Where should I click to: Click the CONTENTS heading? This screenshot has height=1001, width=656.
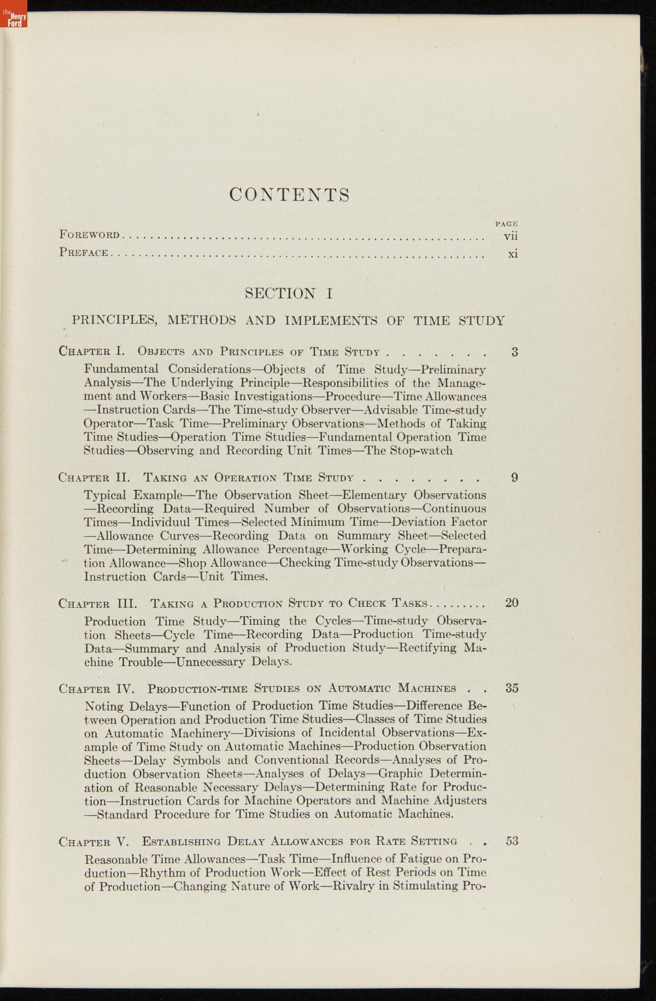tap(289, 195)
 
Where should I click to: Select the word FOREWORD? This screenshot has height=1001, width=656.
tap(89, 235)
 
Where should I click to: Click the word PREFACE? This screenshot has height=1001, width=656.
tap(84, 253)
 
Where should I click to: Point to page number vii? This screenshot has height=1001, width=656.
tap(511, 236)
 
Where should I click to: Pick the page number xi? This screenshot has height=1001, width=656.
tap(512, 254)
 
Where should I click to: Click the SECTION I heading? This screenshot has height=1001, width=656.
tap(289, 294)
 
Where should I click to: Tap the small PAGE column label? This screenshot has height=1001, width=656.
tap(507, 224)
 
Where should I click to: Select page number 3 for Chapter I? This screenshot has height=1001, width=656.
tap(514, 352)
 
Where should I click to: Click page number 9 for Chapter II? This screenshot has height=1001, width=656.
tap(514, 478)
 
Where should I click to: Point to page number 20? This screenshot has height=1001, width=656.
tap(512, 603)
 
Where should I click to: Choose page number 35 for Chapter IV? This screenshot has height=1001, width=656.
tap(512, 688)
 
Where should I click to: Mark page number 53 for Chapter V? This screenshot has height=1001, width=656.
tap(512, 841)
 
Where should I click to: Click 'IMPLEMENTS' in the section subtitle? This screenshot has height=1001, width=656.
tap(331, 321)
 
